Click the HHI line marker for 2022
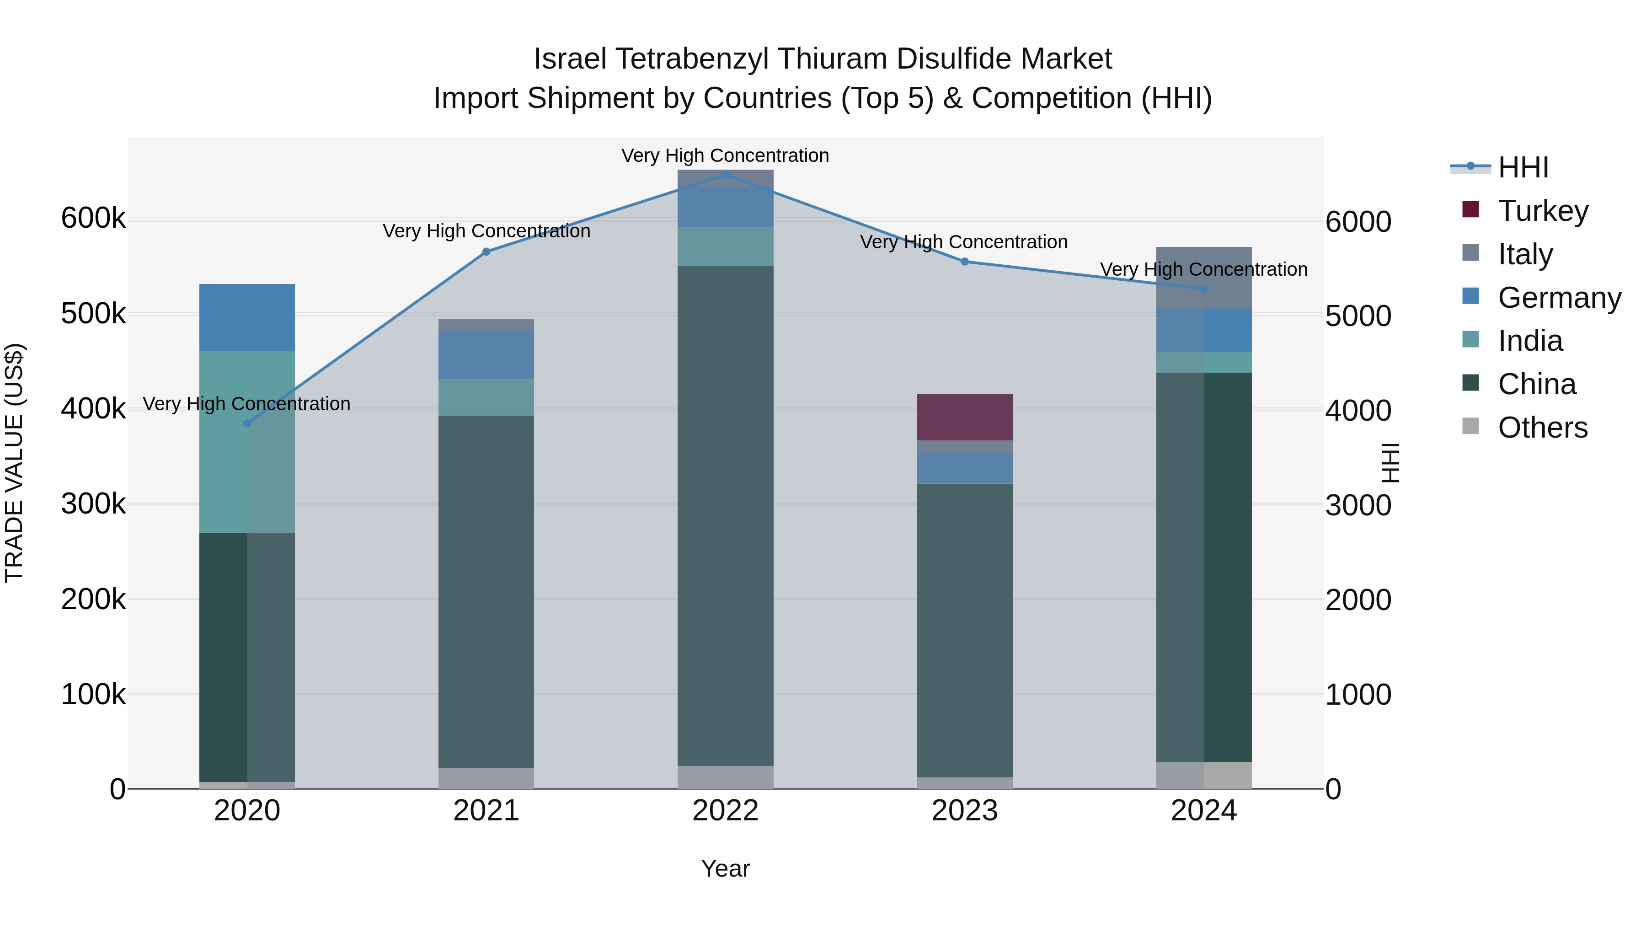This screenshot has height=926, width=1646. (x=725, y=175)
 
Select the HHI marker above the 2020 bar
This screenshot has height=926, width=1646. (x=247, y=424)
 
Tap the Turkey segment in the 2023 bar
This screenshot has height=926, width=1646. (x=964, y=417)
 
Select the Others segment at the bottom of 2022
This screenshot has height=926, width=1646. (x=725, y=777)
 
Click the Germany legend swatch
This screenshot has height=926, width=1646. (x=1470, y=296)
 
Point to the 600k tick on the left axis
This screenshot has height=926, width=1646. (x=93, y=219)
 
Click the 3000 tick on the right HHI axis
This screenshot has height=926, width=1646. (x=1358, y=505)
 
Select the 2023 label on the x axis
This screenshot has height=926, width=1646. (x=964, y=811)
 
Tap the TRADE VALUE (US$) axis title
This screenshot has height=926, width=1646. (x=14, y=463)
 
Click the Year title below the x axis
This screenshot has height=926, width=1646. (x=725, y=868)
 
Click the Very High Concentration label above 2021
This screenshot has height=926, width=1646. (x=486, y=231)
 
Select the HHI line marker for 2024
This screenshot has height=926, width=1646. (x=1204, y=289)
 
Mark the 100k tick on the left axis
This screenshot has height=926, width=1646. (x=93, y=694)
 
